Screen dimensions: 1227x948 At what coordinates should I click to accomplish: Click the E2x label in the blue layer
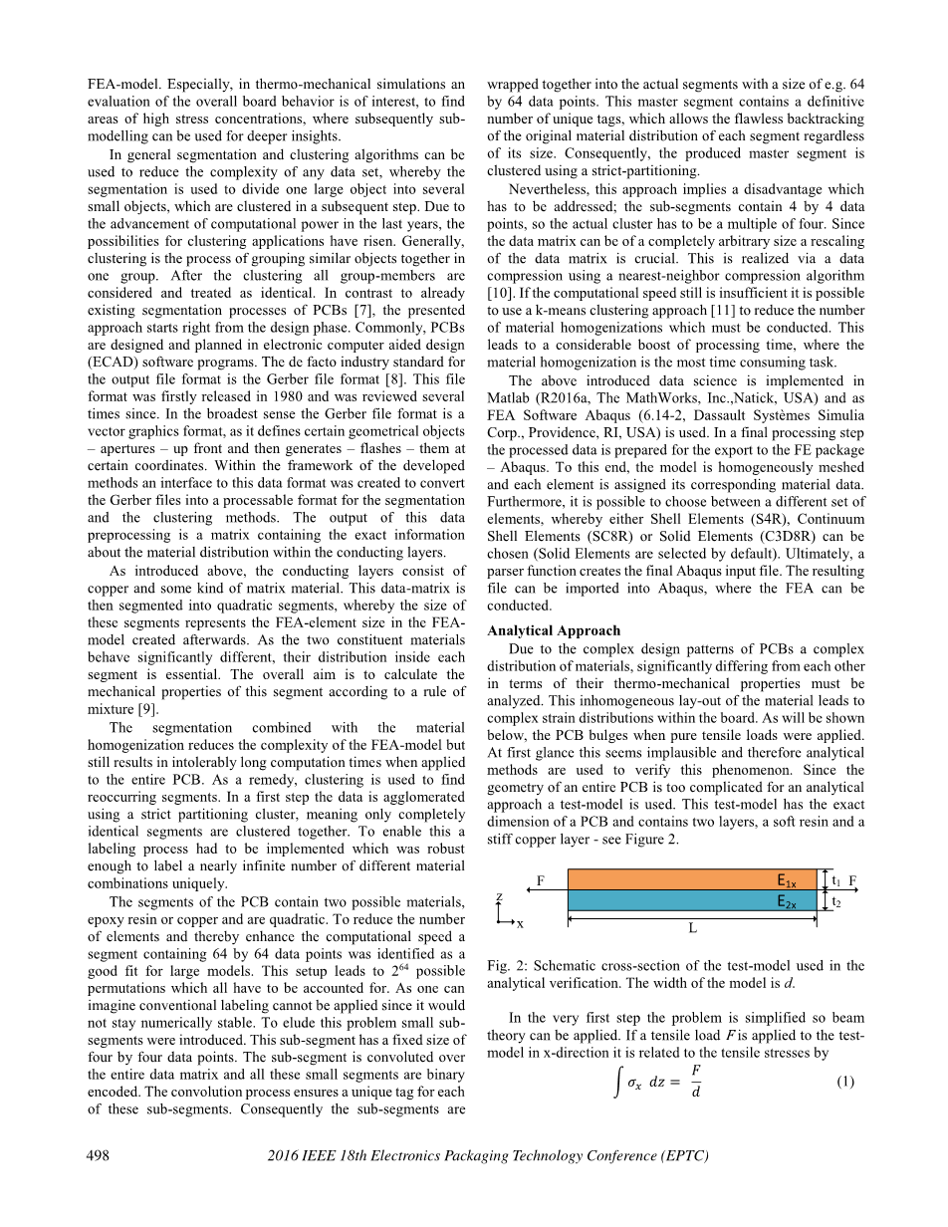(x=787, y=901)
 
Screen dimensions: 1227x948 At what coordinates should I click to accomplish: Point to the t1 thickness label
(x=835, y=880)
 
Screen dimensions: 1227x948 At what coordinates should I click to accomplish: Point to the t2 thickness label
(x=835, y=902)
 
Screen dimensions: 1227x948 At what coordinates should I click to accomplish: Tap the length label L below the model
(x=692, y=928)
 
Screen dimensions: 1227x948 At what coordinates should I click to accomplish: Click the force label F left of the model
(x=541, y=880)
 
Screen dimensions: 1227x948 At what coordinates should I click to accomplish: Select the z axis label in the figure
(x=498, y=897)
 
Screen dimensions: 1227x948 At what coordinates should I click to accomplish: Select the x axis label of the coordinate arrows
(x=520, y=923)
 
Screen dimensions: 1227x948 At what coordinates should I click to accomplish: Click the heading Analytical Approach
(x=554, y=630)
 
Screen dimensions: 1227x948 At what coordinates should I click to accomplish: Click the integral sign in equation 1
(x=618, y=1083)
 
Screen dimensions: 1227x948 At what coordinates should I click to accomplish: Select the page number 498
(x=98, y=1155)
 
